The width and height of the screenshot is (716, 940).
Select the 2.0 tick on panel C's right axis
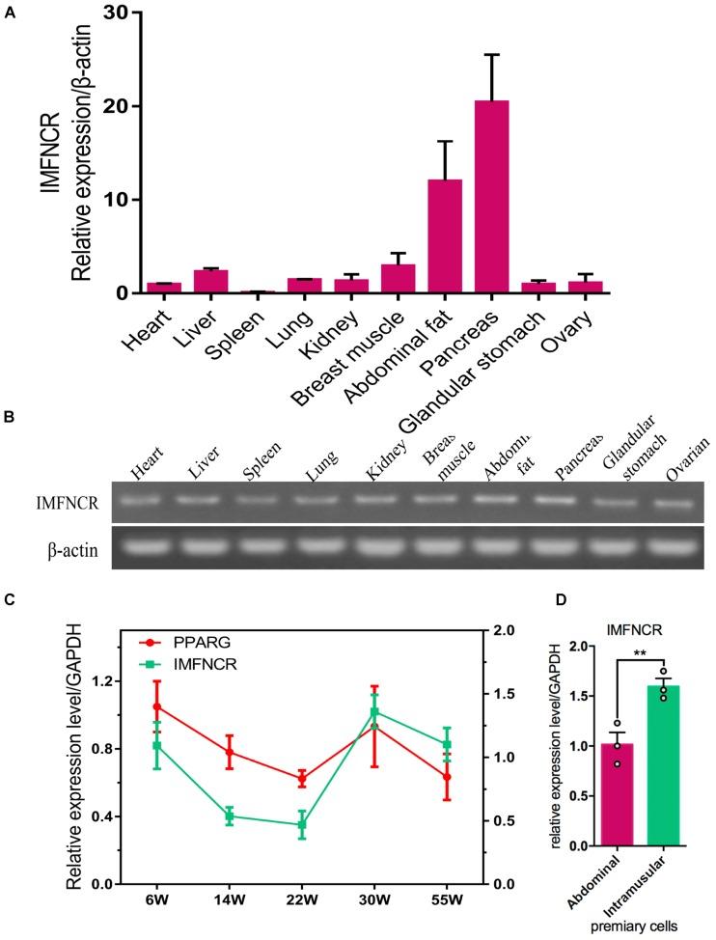[x=501, y=630]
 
